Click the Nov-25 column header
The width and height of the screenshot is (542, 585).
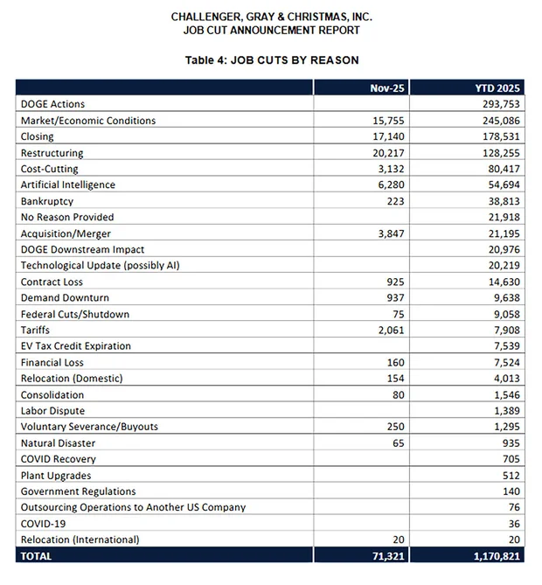coord(385,88)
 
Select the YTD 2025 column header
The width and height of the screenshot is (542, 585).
coord(498,88)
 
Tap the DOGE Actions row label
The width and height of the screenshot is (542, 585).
coord(53,104)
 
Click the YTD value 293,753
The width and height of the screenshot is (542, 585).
coord(503,104)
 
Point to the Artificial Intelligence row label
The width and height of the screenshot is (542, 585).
coord(68,185)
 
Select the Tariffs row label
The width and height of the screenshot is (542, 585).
coord(35,330)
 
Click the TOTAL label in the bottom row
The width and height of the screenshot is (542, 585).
coord(37,555)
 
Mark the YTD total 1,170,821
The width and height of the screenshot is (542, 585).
coord(497,555)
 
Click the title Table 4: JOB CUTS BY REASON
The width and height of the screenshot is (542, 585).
coord(271,60)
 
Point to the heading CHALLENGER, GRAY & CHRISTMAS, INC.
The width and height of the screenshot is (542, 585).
coord(271,17)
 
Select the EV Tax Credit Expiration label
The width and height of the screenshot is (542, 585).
coord(76,346)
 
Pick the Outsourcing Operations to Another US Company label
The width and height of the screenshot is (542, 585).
coord(133,507)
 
